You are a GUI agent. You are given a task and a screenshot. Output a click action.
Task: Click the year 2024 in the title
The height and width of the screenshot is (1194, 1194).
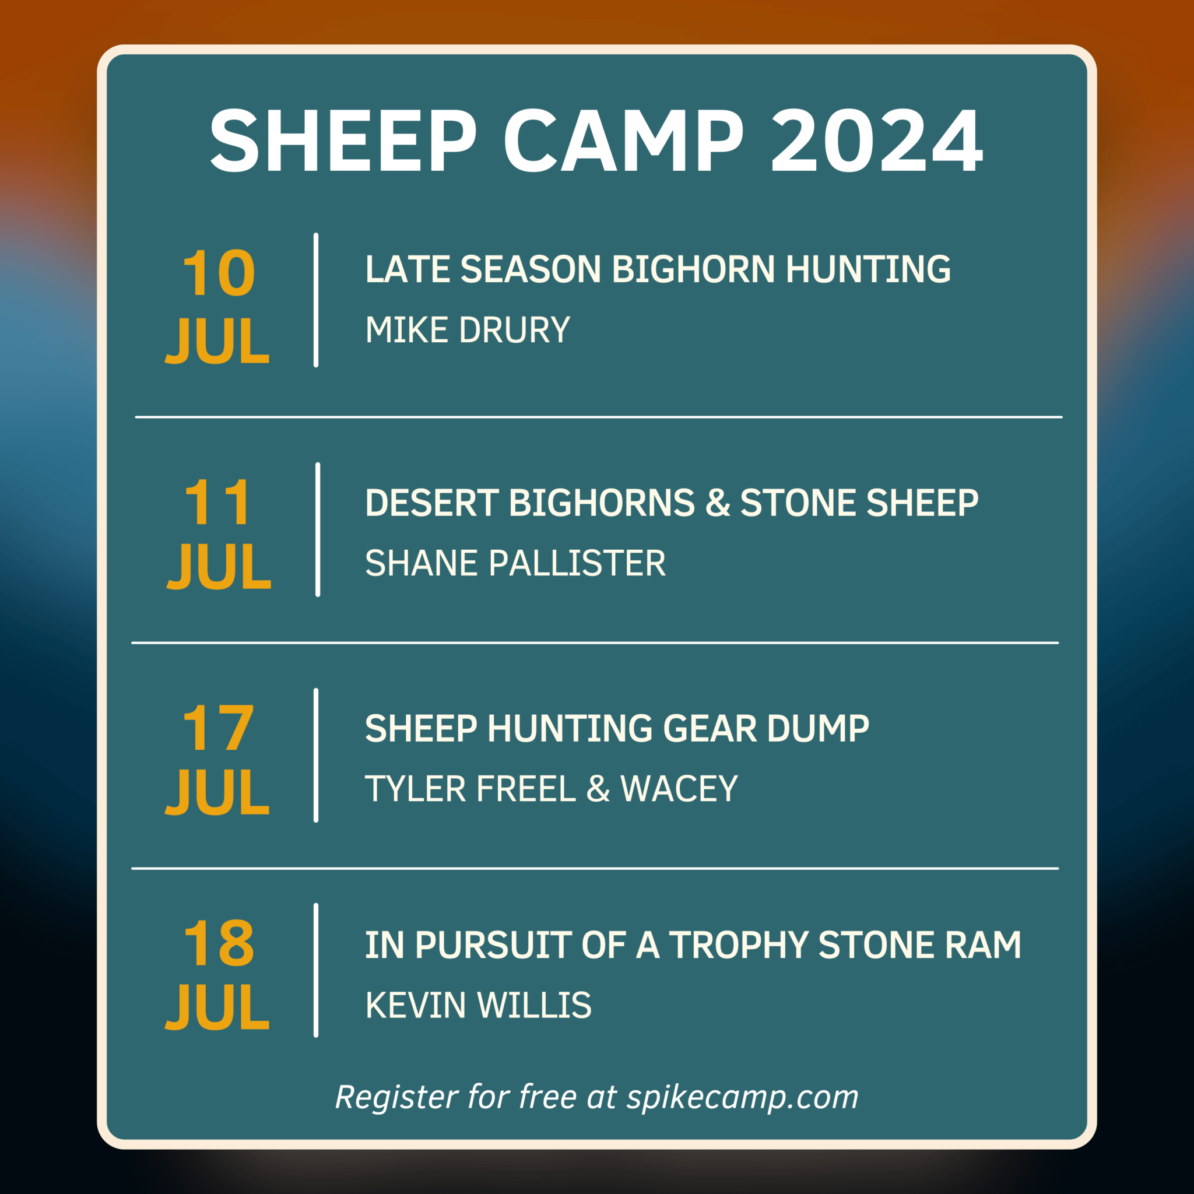click(x=876, y=141)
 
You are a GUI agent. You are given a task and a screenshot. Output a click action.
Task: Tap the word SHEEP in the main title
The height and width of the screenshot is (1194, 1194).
click(x=343, y=141)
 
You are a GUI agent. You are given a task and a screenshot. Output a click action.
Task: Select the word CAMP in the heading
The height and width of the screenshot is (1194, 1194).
click(x=624, y=141)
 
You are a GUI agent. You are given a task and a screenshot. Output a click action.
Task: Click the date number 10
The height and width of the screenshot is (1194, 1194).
click(x=219, y=273)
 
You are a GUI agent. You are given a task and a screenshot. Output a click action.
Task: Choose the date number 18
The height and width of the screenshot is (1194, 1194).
click(x=219, y=944)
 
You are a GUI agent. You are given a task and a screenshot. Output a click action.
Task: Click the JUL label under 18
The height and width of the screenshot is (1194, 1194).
click(x=217, y=1007)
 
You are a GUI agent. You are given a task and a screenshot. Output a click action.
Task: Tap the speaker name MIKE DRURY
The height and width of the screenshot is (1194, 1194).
click(x=467, y=330)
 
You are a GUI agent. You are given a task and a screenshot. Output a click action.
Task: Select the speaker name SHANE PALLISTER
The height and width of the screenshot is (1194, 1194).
click(x=515, y=563)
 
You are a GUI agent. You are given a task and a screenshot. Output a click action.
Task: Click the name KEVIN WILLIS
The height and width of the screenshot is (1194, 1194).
click(x=477, y=1006)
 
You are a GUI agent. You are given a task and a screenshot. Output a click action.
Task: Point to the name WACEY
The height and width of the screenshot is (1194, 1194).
click(x=679, y=789)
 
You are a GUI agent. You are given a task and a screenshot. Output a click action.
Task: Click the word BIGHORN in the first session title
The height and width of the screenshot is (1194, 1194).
click(x=693, y=269)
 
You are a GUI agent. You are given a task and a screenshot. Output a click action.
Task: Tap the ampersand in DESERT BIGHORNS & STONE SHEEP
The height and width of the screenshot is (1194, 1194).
click(x=718, y=503)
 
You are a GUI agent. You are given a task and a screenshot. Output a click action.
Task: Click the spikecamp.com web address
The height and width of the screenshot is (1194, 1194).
click(x=743, y=1098)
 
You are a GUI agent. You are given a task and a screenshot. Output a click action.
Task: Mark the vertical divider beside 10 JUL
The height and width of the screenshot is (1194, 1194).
click(x=316, y=300)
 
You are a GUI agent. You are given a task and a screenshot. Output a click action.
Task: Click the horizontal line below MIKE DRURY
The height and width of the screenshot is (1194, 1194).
click(x=598, y=417)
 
